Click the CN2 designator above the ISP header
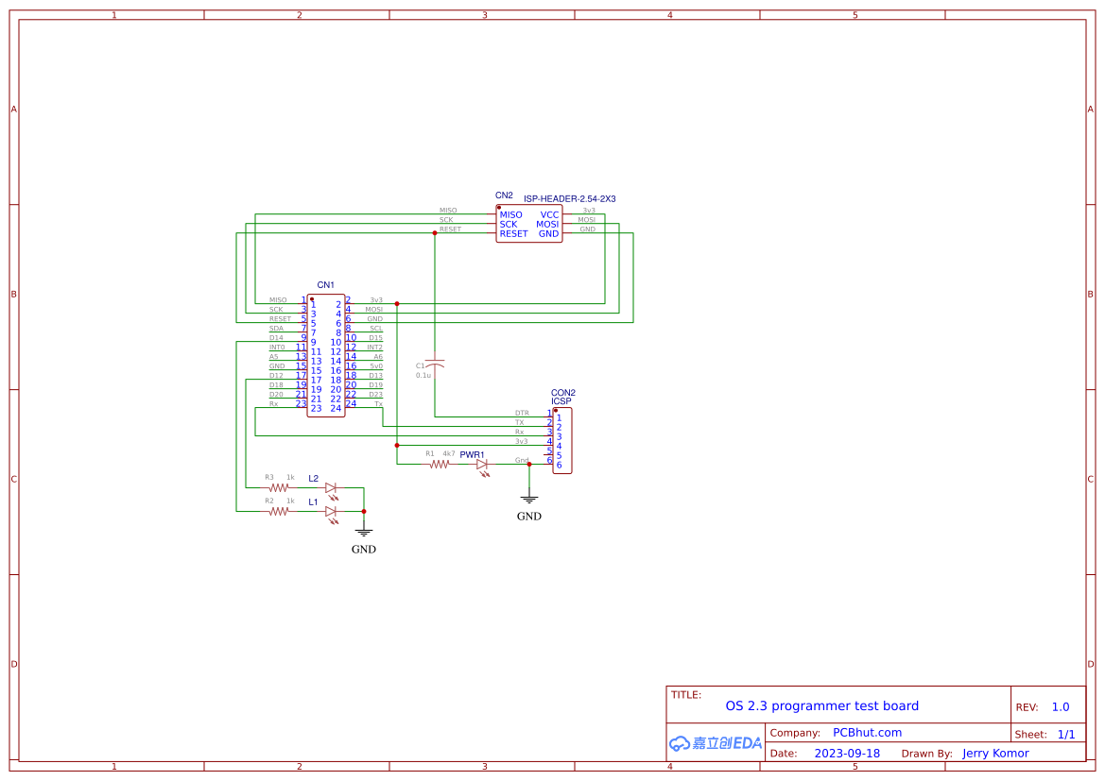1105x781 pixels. pyautogui.click(x=504, y=195)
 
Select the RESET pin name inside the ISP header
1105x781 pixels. pyautogui.click(x=513, y=234)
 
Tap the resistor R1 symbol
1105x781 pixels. pyautogui.click(x=439, y=465)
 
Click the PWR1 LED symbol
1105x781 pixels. pyautogui.click(x=482, y=465)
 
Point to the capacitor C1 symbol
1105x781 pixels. pyautogui.click(x=435, y=365)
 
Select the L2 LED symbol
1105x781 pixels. pyautogui.click(x=331, y=488)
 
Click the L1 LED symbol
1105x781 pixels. pyautogui.click(x=331, y=512)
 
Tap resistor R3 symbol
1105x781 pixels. pyautogui.click(x=278, y=488)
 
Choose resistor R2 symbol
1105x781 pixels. pyautogui.click(x=278, y=512)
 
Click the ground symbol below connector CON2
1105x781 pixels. pyautogui.click(x=529, y=499)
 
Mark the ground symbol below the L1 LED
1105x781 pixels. pyautogui.click(x=364, y=533)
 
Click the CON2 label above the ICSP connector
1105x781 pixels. pyautogui.click(x=563, y=392)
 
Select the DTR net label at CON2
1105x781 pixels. pyautogui.click(x=522, y=414)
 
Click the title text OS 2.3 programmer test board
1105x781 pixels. pyautogui.click(x=821, y=705)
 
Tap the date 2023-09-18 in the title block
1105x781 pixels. pyautogui.click(x=847, y=754)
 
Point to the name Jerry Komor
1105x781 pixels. pyautogui.click(x=995, y=754)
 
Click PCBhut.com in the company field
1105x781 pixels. pyautogui.click(x=867, y=733)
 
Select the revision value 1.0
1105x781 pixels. pyautogui.click(x=1061, y=707)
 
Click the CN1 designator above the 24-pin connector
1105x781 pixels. pyautogui.click(x=325, y=284)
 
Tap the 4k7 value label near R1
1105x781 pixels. pyautogui.click(x=449, y=454)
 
